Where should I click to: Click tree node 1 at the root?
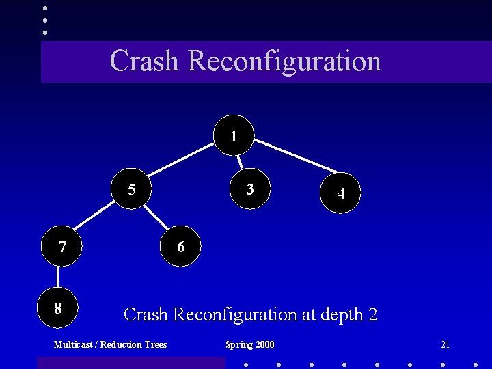[x=234, y=135]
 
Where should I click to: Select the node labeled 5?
[x=133, y=189]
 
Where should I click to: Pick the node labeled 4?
[x=340, y=193]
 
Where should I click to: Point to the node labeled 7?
[x=62, y=247]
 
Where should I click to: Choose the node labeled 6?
[x=181, y=247]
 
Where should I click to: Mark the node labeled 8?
[x=58, y=308]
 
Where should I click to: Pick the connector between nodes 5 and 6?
[x=156, y=217]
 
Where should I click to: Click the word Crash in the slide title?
[x=144, y=60]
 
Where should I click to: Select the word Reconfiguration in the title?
[x=284, y=60]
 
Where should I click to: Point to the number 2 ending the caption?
[x=372, y=314]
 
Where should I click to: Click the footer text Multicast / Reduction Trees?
[x=110, y=344]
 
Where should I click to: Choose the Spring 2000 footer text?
[x=250, y=344]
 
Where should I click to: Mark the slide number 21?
[x=445, y=344]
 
